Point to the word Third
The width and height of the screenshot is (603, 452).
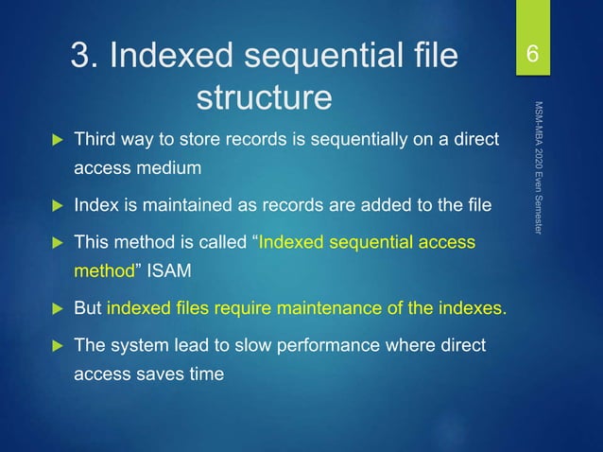95,141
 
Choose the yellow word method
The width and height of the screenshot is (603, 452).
104,271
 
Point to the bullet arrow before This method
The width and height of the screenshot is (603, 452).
55,242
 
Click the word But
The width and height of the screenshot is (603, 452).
89,307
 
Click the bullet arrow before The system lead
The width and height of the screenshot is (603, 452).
55,344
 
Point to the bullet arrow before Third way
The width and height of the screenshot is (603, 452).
55,141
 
